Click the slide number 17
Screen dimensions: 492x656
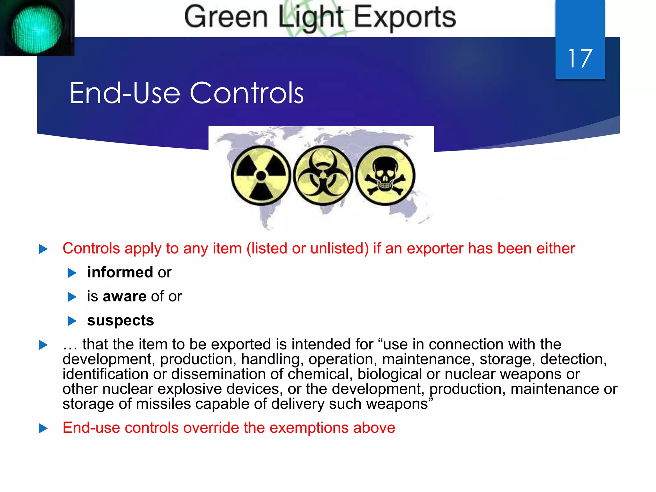click(580, 59)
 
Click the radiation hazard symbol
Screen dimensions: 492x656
click(261, 176)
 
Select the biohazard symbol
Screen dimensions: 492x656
click(323, 176)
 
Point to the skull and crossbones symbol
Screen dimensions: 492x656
click(385, 176)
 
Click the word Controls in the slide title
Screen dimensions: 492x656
click(247, 93)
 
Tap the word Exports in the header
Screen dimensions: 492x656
click(405, 17)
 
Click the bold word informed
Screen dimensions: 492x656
click(120, 272)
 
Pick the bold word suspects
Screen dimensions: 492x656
click(120, 320)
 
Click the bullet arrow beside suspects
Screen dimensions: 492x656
click(72, 321)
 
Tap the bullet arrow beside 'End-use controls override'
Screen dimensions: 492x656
click(43, 428)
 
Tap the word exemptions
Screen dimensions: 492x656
click(309, 428)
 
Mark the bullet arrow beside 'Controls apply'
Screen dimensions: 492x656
click(43, 249)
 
